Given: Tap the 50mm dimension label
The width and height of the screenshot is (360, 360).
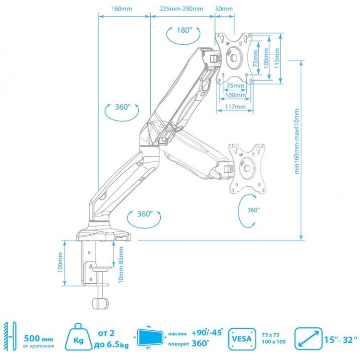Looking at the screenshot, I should (x=224, y=9).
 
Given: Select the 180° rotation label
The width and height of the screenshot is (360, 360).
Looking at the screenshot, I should (x=183, y=30).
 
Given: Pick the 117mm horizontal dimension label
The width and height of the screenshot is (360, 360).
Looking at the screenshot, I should (x=235, y=107).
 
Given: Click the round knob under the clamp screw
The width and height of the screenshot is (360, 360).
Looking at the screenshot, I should (x=99, y=304).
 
